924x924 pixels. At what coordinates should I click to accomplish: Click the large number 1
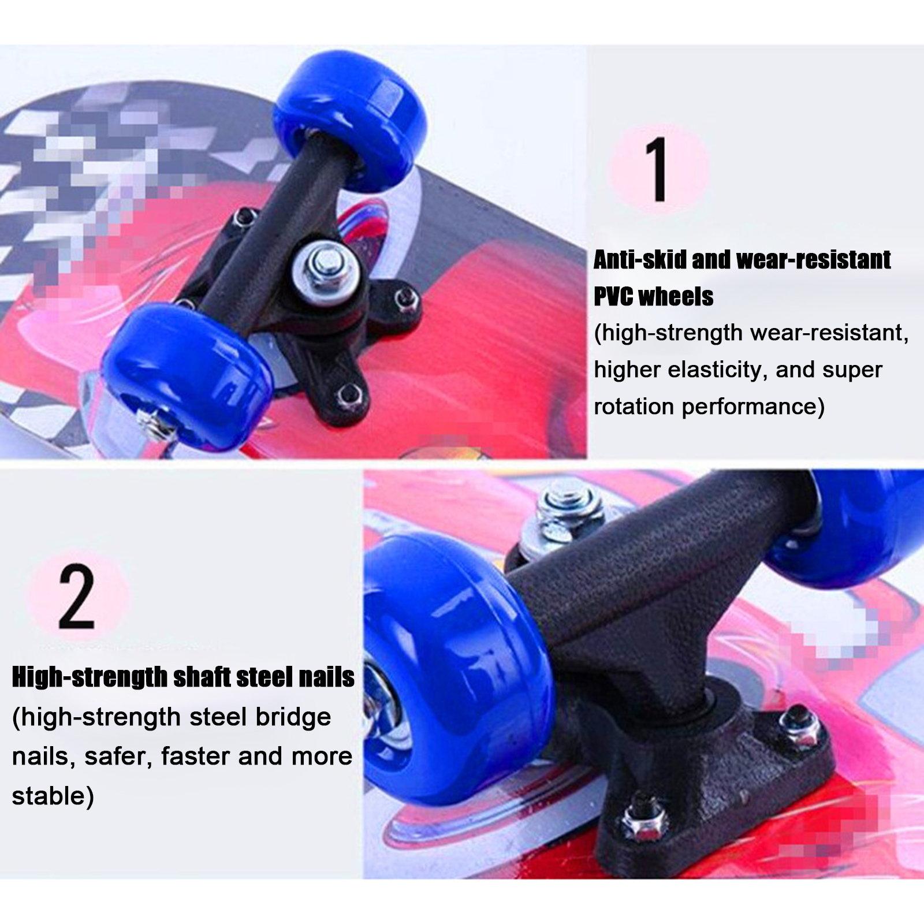pos(657,169)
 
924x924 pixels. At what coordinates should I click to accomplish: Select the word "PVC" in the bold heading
pos(614,297)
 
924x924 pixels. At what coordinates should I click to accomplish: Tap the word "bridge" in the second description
pos(293,717)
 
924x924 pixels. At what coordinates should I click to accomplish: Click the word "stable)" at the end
pos(53,796)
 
